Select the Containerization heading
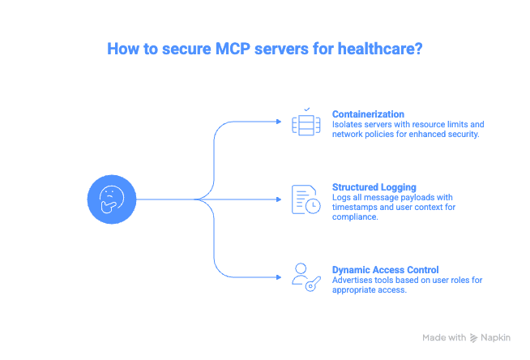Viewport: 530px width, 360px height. click(370, 113)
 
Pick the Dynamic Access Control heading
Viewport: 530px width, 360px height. click(384, 268)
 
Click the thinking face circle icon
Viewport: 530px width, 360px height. click(110, 199)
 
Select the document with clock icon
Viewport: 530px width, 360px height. click(306, 199)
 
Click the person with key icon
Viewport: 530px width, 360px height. click(304, 276)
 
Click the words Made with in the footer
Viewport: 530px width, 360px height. click(444, 337)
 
